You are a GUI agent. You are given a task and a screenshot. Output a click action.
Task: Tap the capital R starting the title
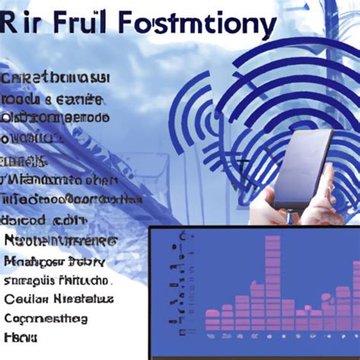click(12, 26)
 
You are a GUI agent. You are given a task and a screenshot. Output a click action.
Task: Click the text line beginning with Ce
click(57, 298)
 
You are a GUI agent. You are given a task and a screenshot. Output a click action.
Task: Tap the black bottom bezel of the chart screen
click(251, 352)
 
